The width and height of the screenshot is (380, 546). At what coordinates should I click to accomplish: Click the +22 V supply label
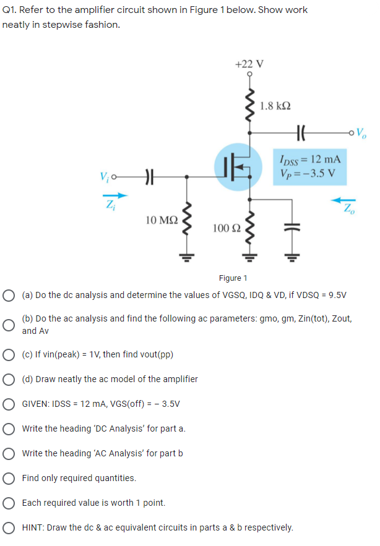click(249, 64)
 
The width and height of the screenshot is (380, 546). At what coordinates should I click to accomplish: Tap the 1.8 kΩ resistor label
click(276, 105)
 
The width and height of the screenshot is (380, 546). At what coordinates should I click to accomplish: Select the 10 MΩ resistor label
click(162, 219)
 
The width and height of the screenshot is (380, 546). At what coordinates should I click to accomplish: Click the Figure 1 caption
click(233, 278)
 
